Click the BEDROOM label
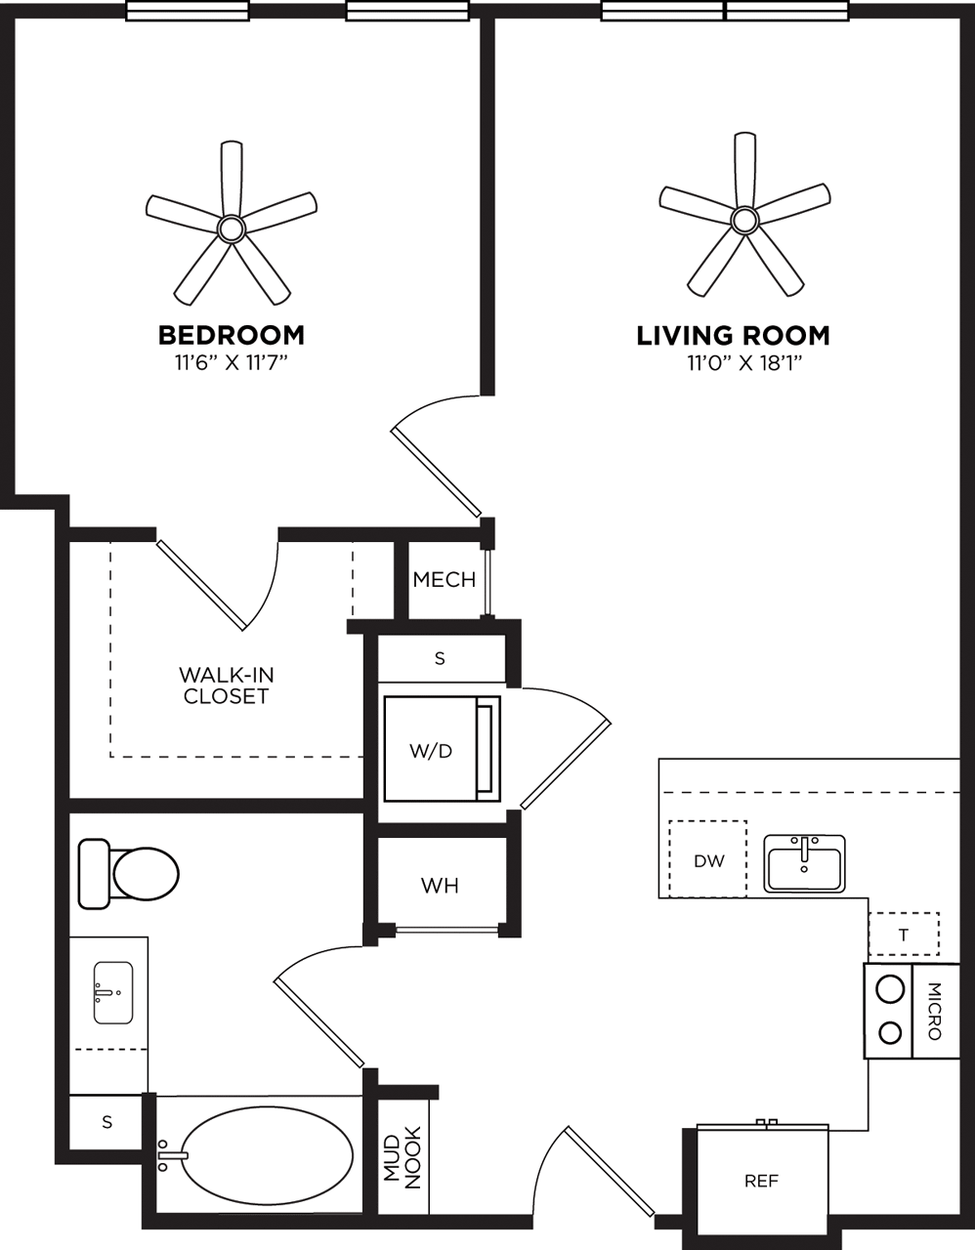pos(232,335)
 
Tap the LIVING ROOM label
pos(733,336)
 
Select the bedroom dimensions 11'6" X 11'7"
pos(232,363)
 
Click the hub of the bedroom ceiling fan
pos(232,229)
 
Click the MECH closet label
pos(444,580)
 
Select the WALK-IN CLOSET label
pos(226,686)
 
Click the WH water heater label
pos(440,886)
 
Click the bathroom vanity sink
pos(112,992)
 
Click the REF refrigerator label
pos(761,1181)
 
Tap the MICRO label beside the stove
pos(934,1011)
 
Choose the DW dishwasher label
pos(708,860)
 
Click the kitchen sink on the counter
pos(804,864)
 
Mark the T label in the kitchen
pos(904,935)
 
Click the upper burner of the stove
pos(889,989)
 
